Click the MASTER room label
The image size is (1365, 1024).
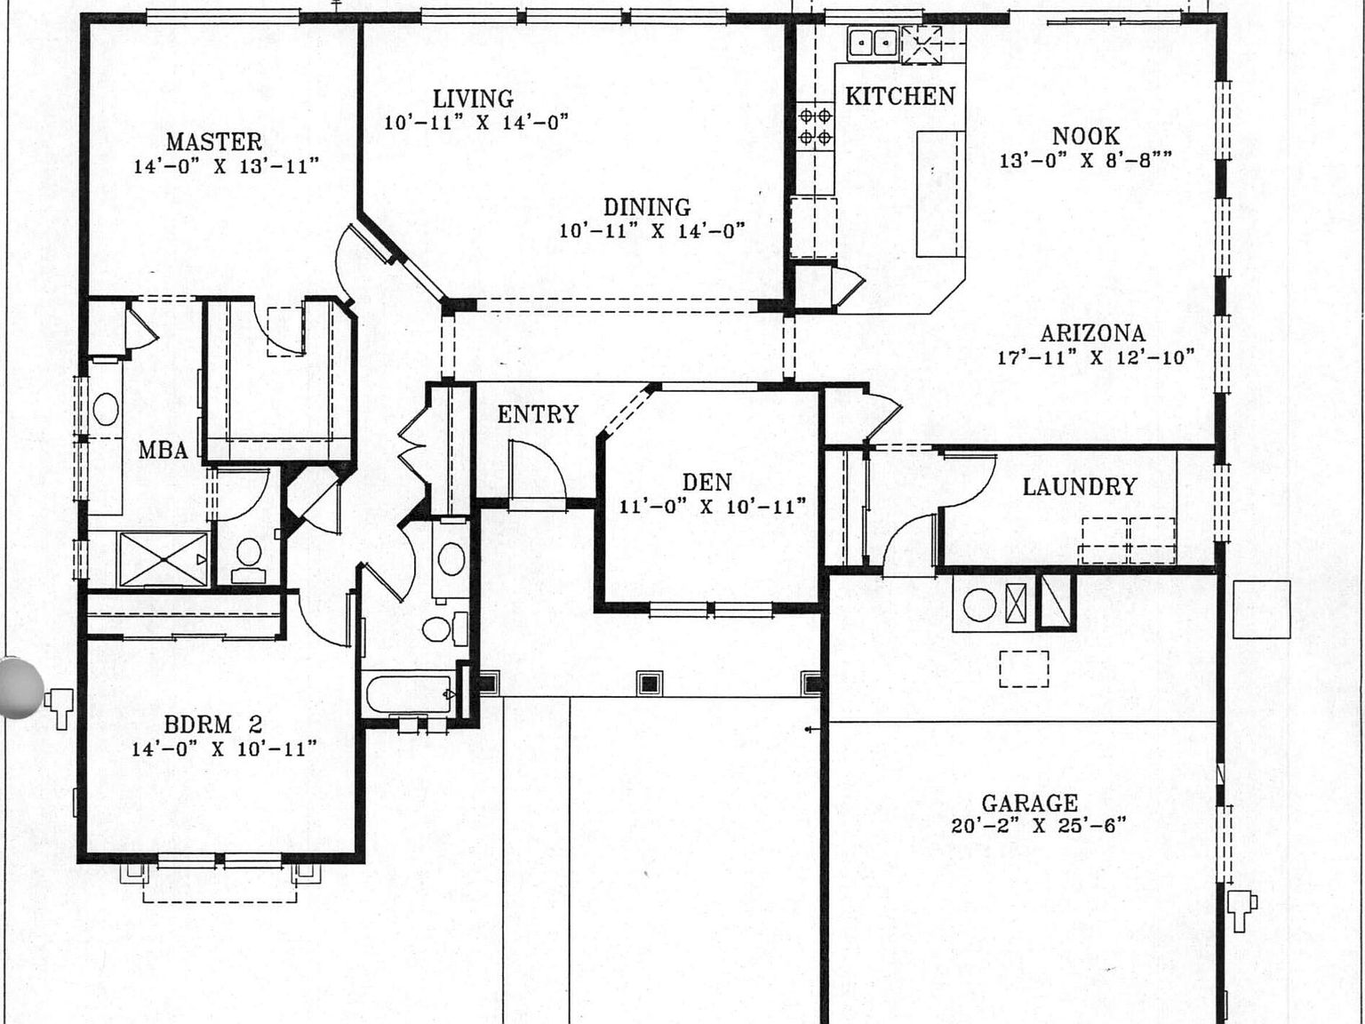213,142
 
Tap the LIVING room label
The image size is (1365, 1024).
473,99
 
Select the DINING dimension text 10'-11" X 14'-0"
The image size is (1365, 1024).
651,231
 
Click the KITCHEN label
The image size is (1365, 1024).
899,96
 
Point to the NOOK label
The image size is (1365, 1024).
1085,136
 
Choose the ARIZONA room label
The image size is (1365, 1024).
1092,333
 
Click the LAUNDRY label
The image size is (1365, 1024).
1079,487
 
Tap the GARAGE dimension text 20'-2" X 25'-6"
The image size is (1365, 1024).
1038,826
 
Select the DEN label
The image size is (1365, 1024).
707,483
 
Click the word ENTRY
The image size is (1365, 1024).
538,414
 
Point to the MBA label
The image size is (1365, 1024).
164,451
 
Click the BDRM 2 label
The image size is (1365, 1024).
213,724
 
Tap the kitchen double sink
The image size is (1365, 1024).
872,42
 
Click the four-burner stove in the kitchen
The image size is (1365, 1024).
815,126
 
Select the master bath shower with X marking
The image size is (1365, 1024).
163,559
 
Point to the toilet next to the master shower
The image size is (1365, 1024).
248,558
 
